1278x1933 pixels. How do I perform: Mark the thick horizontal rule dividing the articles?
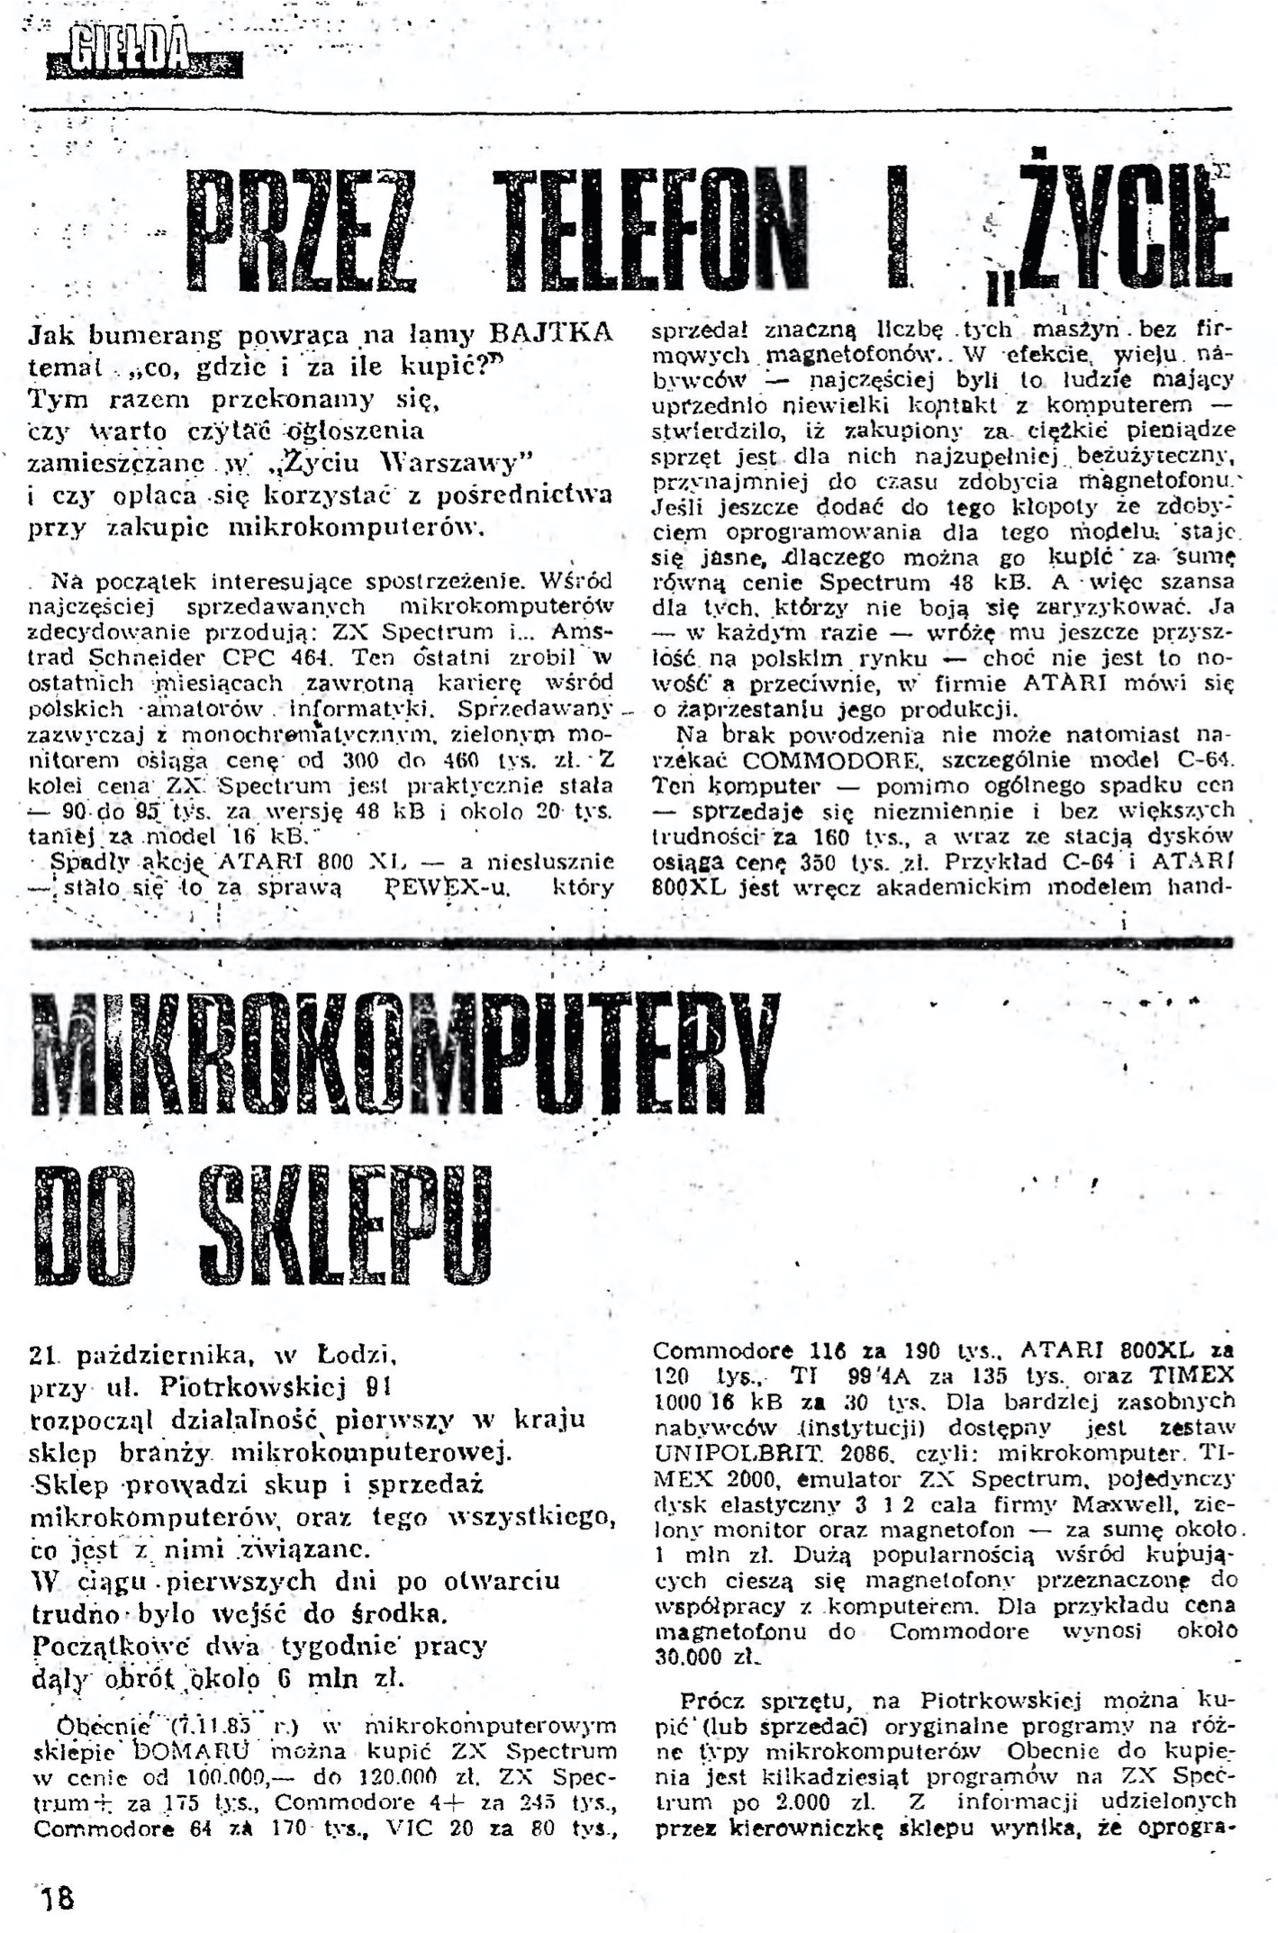tap(630, 943)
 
